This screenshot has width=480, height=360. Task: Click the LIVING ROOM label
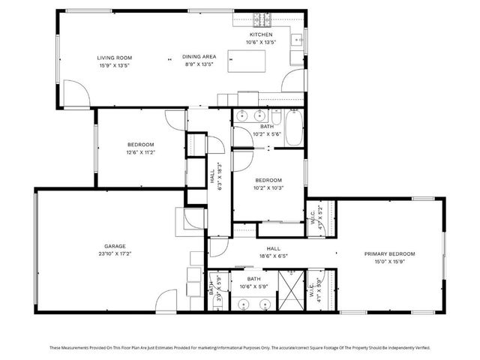[114, 58]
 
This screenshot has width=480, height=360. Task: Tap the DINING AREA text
[199, 58]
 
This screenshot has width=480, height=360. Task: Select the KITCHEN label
[261, 34]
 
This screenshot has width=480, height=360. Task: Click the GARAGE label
[115, 246]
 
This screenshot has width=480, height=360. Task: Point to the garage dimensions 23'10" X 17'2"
[115, 253]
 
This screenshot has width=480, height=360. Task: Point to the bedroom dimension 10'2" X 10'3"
[268, 187]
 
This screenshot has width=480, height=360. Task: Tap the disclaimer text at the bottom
[240, 347]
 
